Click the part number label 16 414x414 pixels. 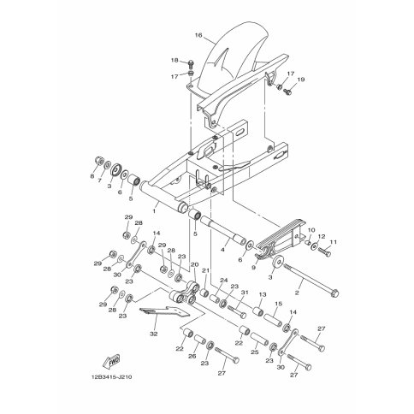click(198, 35)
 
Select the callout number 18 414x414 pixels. click(174, 61)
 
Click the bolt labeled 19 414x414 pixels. click(287, 92)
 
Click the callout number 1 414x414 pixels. click(154, 211)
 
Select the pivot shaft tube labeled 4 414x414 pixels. click(223, 230)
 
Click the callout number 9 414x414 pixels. click(253, 268)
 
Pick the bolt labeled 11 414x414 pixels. click(324, 251)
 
